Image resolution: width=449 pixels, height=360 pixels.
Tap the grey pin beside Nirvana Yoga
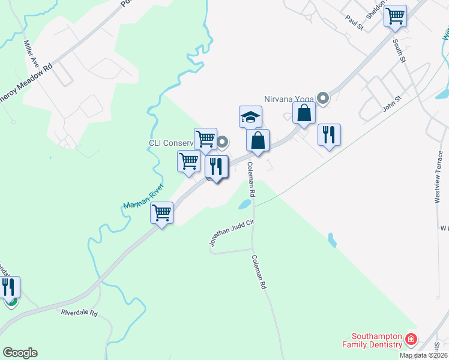point(324,98)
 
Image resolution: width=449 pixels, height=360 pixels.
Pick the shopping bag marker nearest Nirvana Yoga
point(304,113)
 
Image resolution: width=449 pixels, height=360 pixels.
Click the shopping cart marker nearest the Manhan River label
point(162,212)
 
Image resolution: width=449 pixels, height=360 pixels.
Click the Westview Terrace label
point(439,177)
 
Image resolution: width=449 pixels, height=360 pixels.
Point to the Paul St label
point(355,23)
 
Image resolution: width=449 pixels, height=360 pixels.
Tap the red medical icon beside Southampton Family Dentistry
point(411,340)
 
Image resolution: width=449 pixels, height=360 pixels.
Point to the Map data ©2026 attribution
point(424,355)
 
